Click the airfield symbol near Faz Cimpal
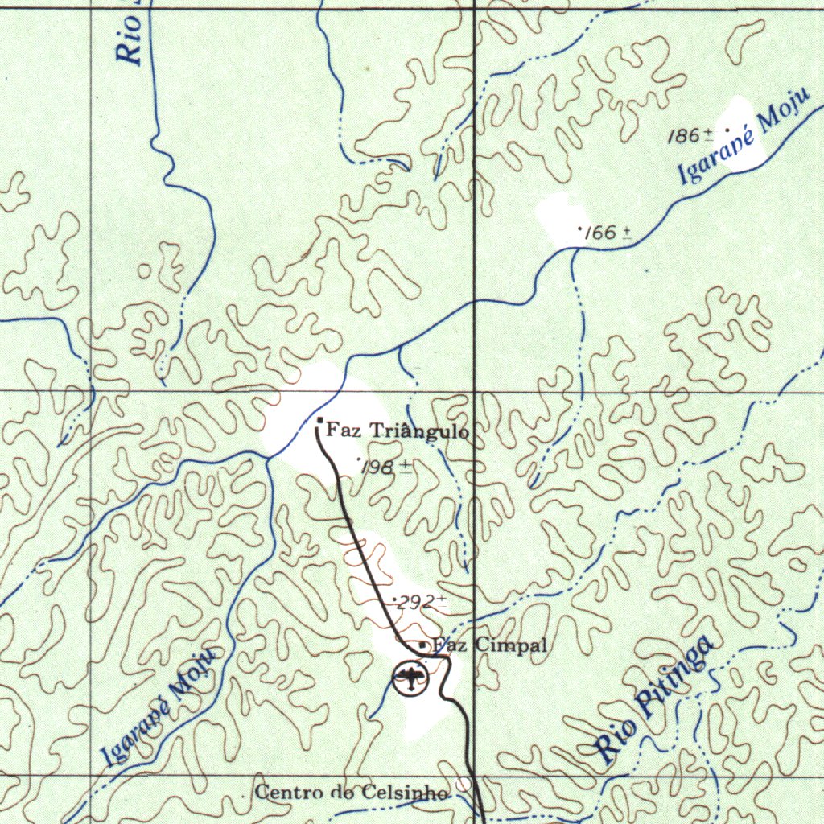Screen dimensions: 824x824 [x=411, y=679]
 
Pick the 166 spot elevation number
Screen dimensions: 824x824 [x=601, y=233]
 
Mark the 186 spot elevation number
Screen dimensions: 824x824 [x=685, y=136]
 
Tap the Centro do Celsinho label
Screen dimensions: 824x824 [x=352, y=793]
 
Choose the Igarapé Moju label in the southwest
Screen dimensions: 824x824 [x=160, y=707]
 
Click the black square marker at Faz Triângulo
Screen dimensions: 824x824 [x=320, y=421]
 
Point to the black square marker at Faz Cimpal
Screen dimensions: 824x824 [x=422, y=645]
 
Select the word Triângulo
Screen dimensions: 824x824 [x=418, y=432]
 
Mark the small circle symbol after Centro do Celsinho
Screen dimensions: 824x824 [x=463, y=783]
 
